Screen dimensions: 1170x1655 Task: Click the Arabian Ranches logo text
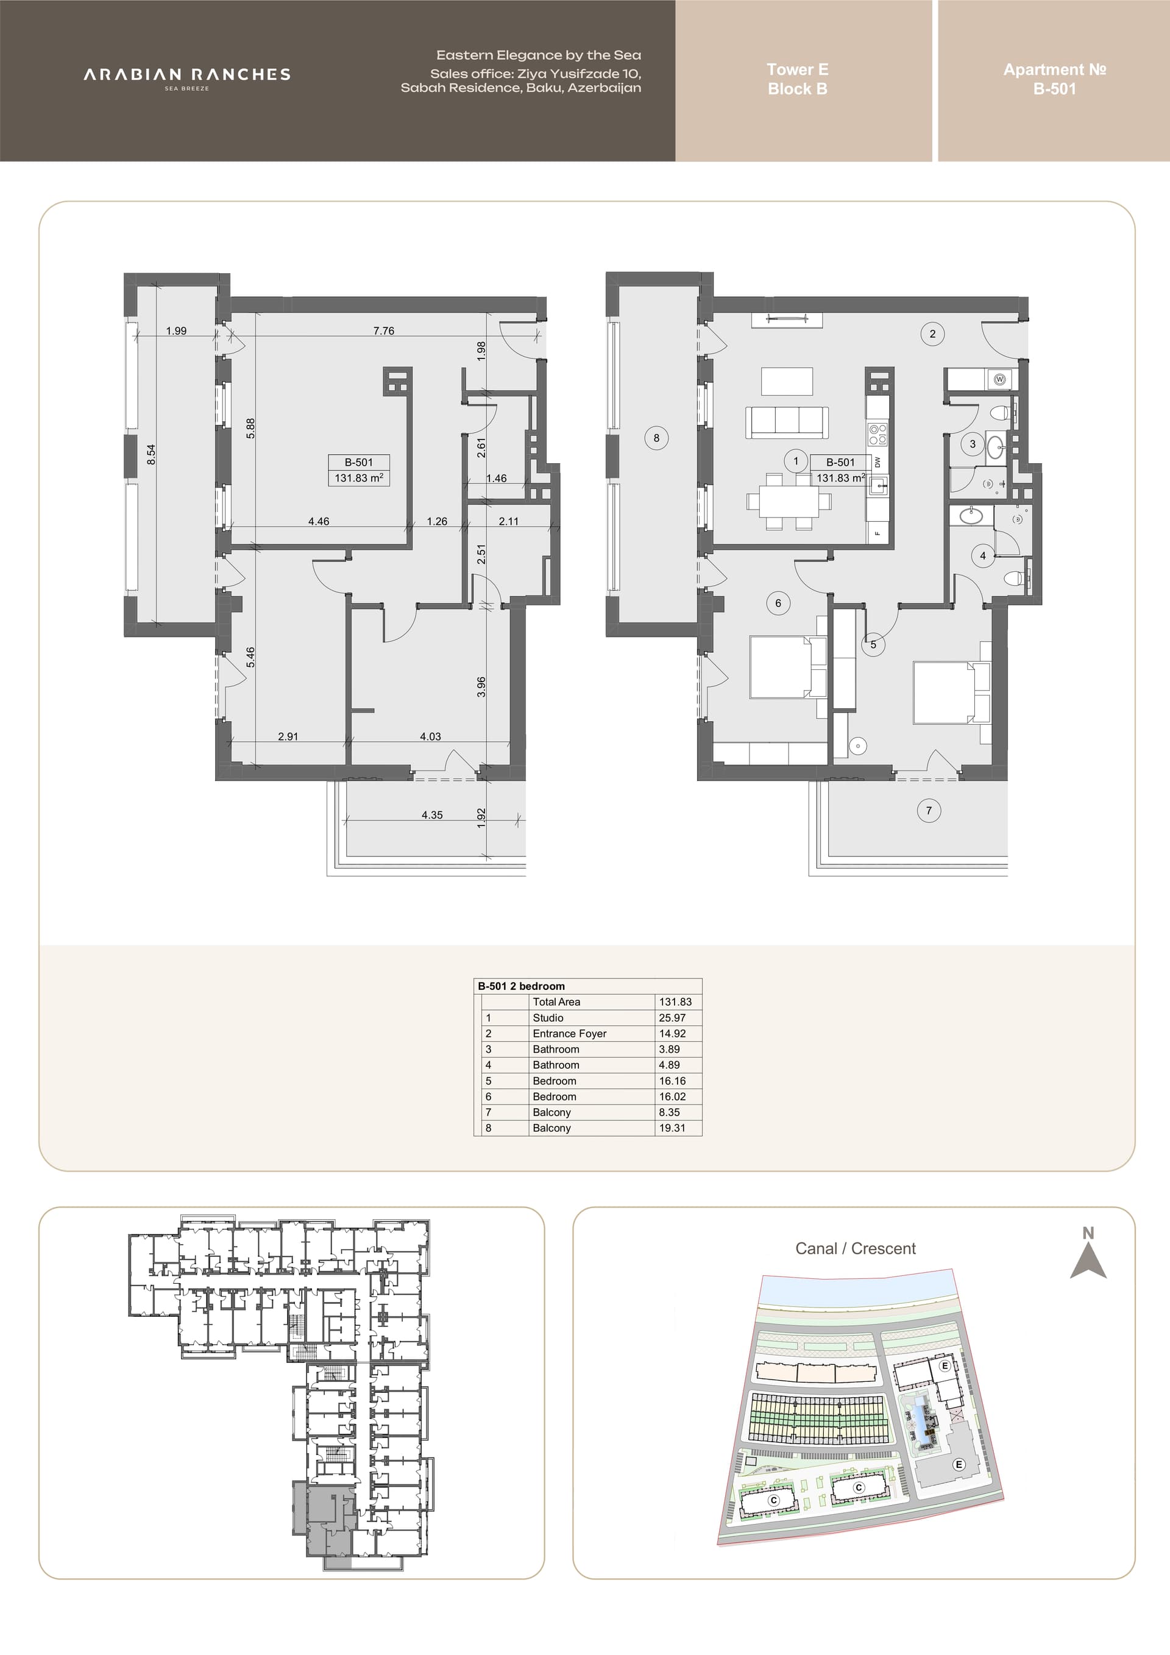[187, 74]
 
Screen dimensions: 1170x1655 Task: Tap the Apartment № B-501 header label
[1054, 79]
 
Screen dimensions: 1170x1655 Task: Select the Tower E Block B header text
[798, 79]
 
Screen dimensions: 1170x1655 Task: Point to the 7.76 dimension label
[383, 331]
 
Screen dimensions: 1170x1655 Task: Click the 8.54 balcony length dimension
[151, 454]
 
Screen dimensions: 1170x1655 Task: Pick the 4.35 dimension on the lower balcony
[432, 815]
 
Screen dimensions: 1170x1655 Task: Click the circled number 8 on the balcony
[656, 438]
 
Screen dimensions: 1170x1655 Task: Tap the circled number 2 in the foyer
[932, 333]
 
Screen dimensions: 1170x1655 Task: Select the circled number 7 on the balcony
[929, 811]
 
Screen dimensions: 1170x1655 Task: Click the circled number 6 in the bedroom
[778, 603]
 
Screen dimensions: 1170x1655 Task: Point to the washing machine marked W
[999, 379]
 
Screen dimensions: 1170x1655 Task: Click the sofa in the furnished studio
[786, 422]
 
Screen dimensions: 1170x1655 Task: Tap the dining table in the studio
[783, 499]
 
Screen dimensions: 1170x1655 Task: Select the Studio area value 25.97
[672, 1018]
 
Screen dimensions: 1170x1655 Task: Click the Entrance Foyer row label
[569, 1034]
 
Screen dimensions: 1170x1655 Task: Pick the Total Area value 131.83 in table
[675, 1002]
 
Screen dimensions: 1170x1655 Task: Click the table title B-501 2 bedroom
[521, 986]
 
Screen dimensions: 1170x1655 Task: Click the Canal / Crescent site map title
[855, 1249]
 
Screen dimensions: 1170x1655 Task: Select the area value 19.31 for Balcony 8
[672, 1128]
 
